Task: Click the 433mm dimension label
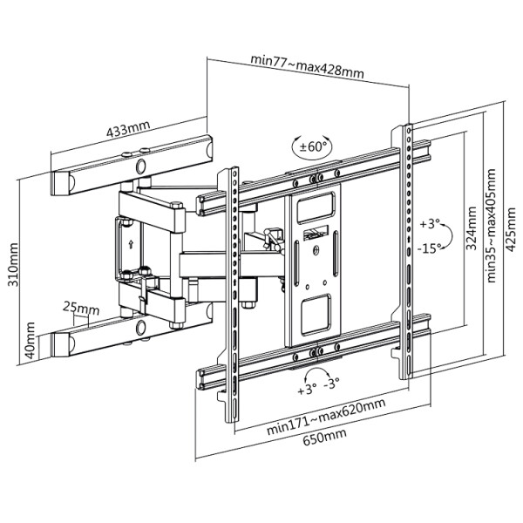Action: [127, 130]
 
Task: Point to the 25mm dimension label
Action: [81, 308]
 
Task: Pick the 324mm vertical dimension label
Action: [471, 233]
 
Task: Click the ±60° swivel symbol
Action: [311, 146]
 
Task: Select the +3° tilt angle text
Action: [431, 224]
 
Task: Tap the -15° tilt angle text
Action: [429, 248]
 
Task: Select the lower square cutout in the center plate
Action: [316, 309]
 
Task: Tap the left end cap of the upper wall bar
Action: [65, 184]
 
